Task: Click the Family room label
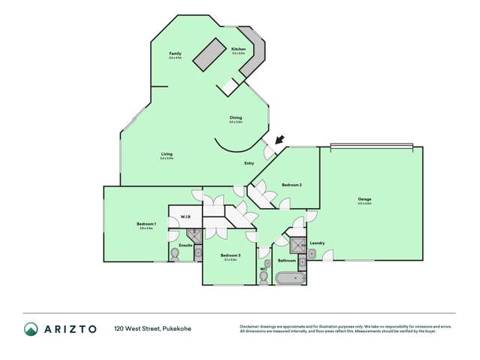(x=174, y=54)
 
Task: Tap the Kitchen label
(x=239, y=50)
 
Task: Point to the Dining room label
(x=236, y=117)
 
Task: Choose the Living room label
(x=167, y=154)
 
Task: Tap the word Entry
(x=249, y=163)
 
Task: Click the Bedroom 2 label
(x=291, y=184)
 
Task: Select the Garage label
(x=365, y=199)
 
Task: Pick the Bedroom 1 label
(x=146, y=224)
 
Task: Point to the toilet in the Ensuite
(x=175, y=253)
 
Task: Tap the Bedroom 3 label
(x=230, y=256)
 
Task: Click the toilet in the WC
(x=263, y=278)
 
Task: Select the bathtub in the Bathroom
(x=289, y=280)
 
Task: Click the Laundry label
(x=316, y=243)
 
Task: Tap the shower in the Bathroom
(x=297, y=244)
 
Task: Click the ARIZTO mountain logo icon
(x=31, y=329)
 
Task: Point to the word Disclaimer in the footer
(x=249, y=325)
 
